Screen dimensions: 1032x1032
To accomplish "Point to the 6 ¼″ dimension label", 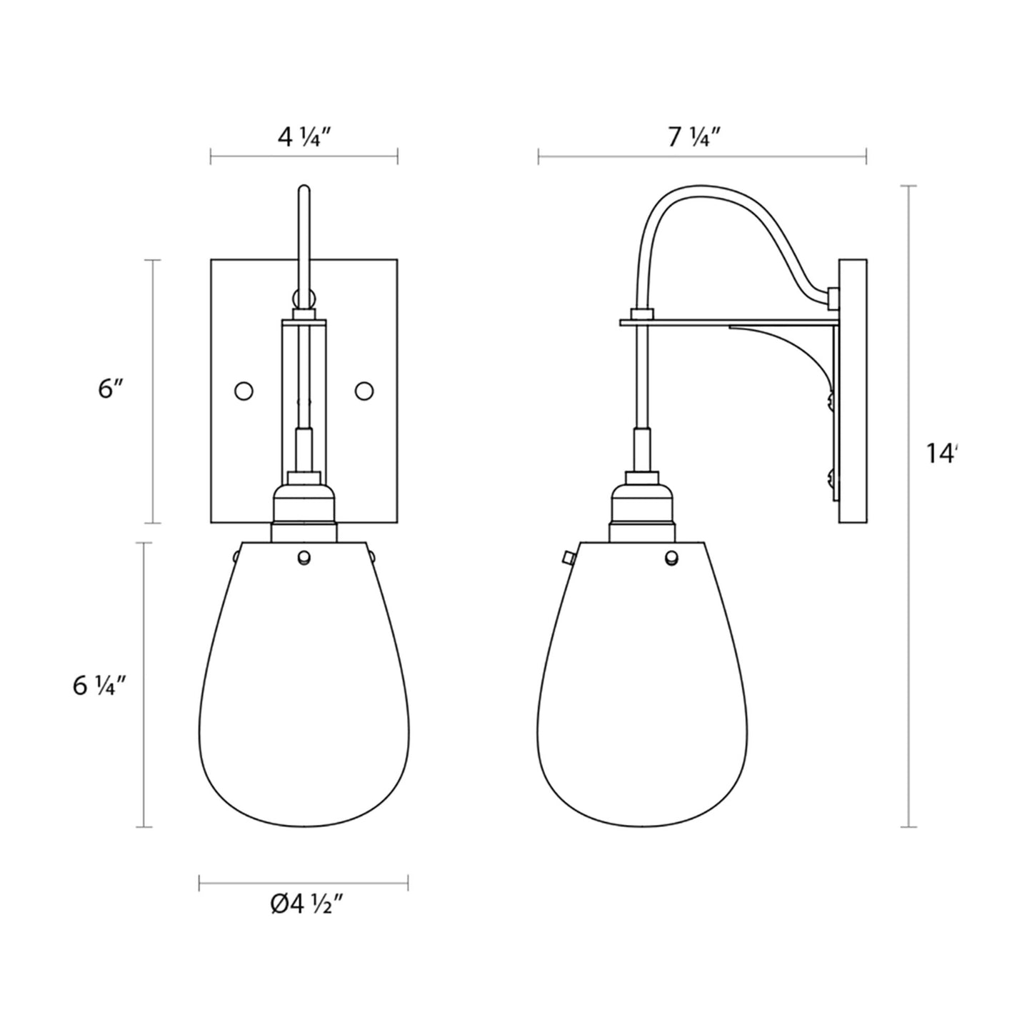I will pos(99,686).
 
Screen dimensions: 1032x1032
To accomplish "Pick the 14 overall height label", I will pos(942,453).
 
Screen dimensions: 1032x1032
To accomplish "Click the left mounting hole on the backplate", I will pos(244,391).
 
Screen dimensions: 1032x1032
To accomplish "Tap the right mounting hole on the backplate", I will pos(364,391).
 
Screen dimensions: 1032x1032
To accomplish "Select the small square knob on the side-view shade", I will pos(568,556).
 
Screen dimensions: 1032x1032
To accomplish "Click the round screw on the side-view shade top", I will pos(672,558).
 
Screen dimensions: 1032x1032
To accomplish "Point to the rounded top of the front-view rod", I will pos(304,189).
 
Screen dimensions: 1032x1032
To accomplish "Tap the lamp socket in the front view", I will pos(304,504).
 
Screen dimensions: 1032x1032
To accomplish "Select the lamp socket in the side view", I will pos(642,504).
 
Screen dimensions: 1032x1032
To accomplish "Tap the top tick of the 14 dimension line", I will pos(908,186).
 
